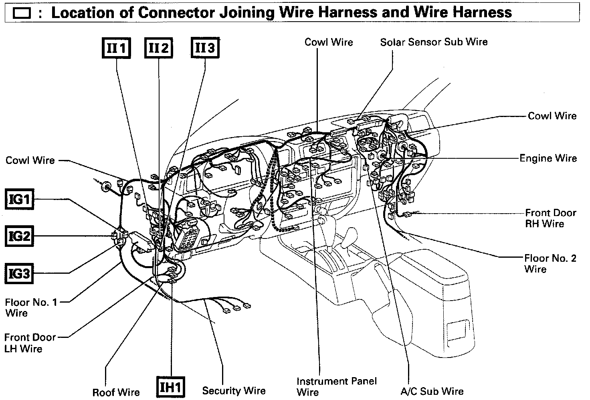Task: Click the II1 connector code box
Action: [116, 48]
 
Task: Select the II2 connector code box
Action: [159, 48]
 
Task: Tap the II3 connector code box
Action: [205, 48]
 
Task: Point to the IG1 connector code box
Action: [19, 199]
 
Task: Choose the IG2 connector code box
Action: [19, 236]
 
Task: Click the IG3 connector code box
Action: [19, 274]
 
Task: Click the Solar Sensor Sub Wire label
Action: [434, 42]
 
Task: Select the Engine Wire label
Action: [548, 158]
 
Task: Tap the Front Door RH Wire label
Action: [550, 218]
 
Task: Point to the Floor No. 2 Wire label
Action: [550, 263]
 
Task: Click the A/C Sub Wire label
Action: [432, 391]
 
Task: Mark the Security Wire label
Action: [234, 391]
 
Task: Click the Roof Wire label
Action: [116, 392]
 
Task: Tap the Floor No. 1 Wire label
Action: [31, 307]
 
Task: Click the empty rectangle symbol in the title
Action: [22, 14]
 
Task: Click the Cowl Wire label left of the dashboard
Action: [30, 160]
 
